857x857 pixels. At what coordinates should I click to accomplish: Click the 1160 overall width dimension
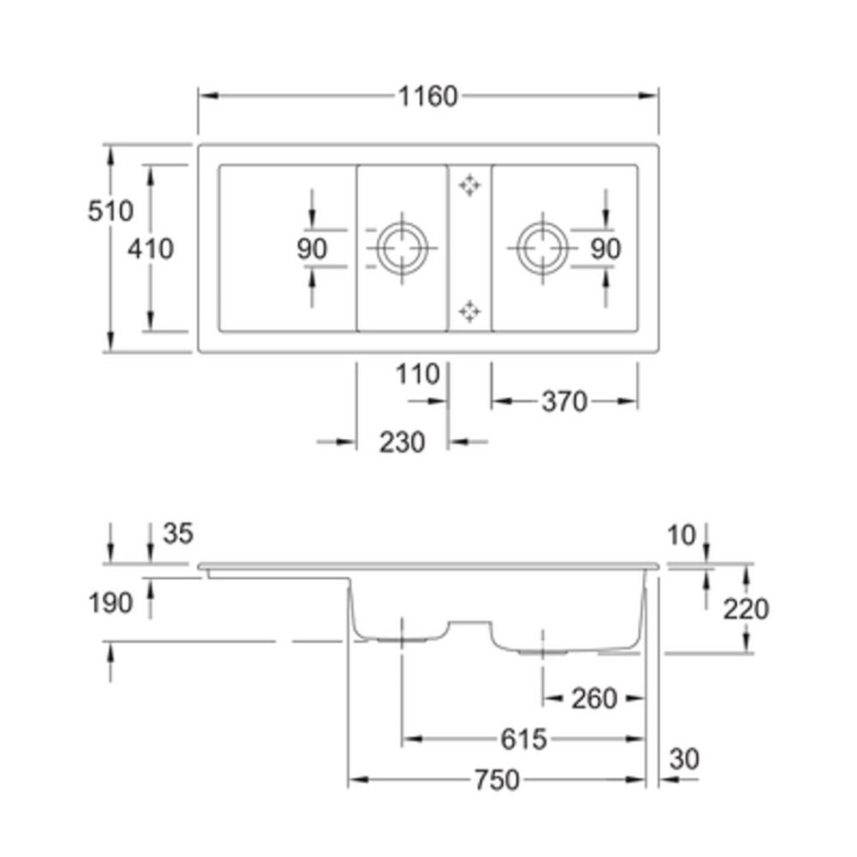coord(428,96)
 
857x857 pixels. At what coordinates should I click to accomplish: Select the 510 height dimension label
coord(111,210)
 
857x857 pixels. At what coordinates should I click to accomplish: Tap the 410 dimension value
coord(150,249)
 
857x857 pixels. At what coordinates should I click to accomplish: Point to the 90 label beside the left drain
coord(312,249)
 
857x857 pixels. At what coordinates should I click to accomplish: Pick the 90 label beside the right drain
coord(606,249)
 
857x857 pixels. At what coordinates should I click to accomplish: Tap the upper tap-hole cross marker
coord(469,186)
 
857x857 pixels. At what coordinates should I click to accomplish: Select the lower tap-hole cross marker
coord(469,311)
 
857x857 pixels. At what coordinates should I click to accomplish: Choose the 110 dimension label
coord(418,375)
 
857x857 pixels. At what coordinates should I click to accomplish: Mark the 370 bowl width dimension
coord(565,402)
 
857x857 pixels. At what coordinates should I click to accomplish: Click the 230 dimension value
coord(402,442)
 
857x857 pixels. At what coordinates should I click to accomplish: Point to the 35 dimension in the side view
coord(178,533)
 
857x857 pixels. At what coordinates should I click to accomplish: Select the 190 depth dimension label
coord(110,604)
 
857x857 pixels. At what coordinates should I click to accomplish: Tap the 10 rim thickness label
coord(682,535)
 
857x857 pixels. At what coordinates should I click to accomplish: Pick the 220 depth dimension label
coord(746,608)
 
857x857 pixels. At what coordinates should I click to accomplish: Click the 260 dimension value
coord(594,699)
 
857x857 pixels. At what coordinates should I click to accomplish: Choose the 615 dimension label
coord(524,740)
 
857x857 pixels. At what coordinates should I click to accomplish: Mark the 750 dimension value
coord(497,780)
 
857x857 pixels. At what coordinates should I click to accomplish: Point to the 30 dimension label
coord(685,759)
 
